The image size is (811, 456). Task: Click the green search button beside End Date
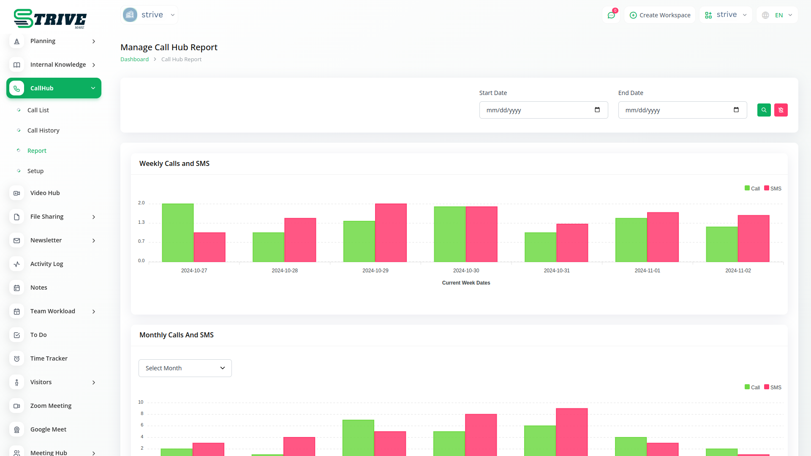pos(764,110)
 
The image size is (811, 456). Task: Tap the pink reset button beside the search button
pos(781,110)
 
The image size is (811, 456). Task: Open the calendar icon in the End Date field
pos(736,110)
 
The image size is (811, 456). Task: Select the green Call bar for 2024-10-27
pos(178,233)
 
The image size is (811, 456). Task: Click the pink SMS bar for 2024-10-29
pos(391,233)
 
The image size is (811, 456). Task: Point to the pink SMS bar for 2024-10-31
pos(572,243)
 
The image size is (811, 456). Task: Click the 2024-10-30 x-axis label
pos(466,271)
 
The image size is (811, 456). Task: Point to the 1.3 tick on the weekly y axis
pos(141,223)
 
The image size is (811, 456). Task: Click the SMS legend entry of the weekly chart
pos(773,189)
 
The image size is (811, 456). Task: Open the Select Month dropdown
pos(185,368)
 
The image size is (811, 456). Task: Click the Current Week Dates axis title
pos(466,283)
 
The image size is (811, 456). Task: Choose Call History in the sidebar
pos(43,130)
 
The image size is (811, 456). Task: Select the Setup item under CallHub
pos(35,171)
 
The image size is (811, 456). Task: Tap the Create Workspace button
pos(660,15)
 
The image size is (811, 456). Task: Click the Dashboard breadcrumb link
pos(134,60)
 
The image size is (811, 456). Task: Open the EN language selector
pos(777,15)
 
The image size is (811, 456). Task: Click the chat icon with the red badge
pos(611,15)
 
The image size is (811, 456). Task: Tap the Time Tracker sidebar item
pos(49,358)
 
